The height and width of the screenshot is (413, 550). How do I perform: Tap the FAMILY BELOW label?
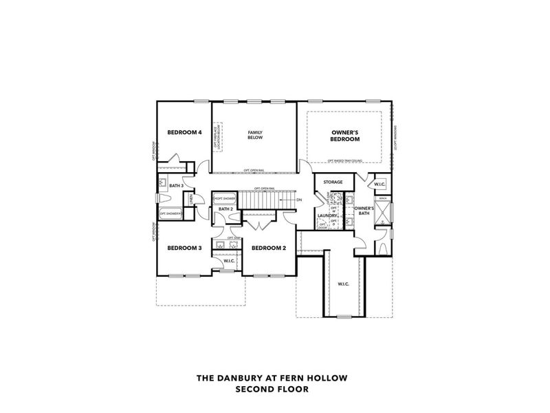[x=255, y=134]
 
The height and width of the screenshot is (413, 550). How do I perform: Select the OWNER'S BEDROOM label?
[x=346, y=135]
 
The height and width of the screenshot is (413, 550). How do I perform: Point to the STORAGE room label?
[x=333, y=182]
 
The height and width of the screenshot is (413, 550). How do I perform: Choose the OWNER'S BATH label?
[x=364, y=210]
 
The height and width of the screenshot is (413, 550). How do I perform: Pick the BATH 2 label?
[x=226, y=209]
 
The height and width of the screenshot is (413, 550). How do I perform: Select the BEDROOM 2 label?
[x=269, y=248]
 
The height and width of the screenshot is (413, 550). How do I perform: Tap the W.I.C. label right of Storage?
[x=379, y=184]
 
